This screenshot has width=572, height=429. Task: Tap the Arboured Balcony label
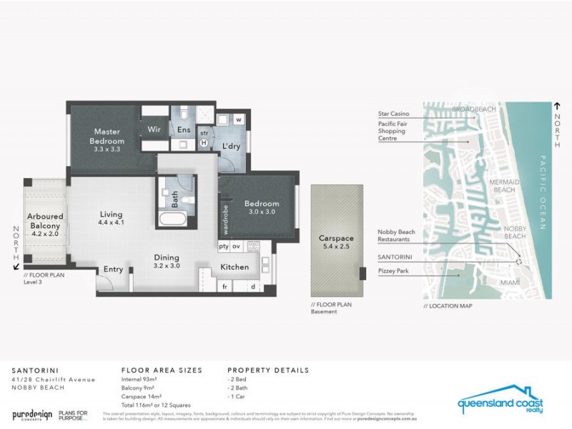point(45,221)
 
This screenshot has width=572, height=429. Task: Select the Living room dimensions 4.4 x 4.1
point(111,222)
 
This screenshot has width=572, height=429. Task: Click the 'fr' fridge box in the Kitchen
point(224,286)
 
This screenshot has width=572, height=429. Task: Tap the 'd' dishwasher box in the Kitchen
point(253,286)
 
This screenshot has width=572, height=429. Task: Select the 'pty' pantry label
point(224,246)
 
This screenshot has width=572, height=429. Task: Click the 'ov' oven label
point(237,246)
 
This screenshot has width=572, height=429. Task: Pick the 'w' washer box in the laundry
point(238,119)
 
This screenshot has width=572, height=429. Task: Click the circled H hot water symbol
point(204,142)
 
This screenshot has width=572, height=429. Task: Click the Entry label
point(113,269)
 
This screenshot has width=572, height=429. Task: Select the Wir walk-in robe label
point(154,129)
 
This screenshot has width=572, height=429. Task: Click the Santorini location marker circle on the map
point(519,262)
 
